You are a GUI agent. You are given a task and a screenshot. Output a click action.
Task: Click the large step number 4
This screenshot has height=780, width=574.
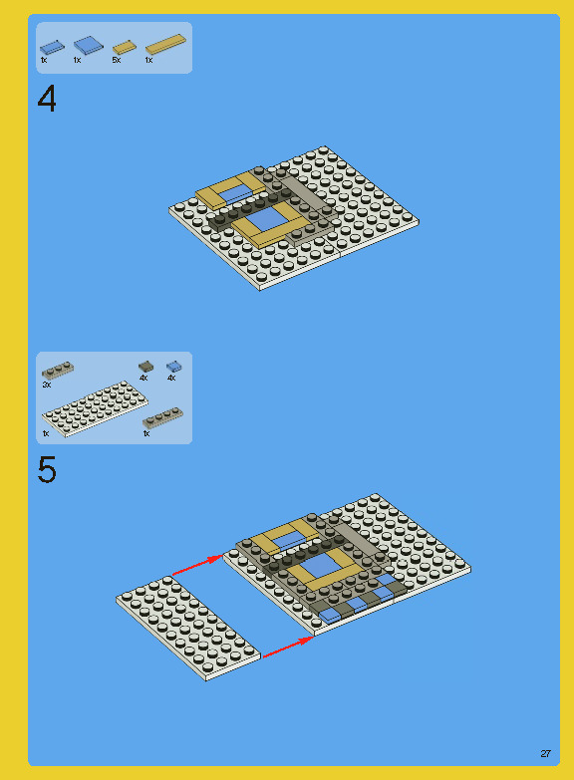[x=47, y=100]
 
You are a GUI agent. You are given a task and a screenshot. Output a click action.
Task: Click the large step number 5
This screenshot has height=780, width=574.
[x=47, y=469]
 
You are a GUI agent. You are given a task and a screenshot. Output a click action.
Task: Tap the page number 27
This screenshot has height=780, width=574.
[x=545, y=753]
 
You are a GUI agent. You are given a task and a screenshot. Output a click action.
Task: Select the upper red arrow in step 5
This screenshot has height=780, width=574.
[x=197, y=565]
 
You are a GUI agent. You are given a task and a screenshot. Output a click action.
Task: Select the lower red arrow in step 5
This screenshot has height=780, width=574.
[x=287, y=646]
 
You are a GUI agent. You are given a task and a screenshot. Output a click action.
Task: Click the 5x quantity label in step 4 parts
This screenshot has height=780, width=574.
[x=116, y=61]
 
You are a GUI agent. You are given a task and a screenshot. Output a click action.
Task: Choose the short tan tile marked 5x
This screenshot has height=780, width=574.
[x=124, y=47]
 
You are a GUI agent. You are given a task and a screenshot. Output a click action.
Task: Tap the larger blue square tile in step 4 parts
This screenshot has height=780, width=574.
[x=88, y=45]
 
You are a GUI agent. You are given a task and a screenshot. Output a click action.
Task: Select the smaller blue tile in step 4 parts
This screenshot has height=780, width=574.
[x=52, y=46]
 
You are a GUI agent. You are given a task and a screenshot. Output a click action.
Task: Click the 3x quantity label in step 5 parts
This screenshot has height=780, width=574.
[x=46, y=384]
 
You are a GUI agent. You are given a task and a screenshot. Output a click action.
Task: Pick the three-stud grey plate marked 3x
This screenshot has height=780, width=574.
[x=57, y=371]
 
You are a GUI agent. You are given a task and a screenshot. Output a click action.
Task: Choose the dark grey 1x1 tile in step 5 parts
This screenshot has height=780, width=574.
[x=145, y=367]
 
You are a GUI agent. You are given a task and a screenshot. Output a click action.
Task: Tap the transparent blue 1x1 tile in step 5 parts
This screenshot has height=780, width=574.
[x=173, y=367]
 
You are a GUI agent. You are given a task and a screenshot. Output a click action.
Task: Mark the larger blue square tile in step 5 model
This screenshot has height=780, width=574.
[x=318, y=566]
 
